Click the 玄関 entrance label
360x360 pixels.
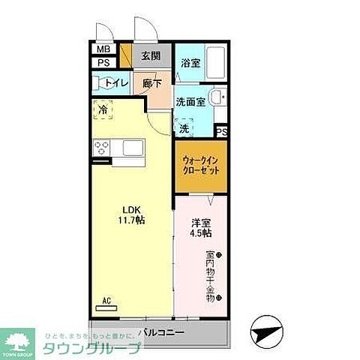coord(150,55)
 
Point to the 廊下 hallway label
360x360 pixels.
coord(152,83)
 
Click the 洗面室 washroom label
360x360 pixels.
coord(190,102)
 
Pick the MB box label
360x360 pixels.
coord(102,51)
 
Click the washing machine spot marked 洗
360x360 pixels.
coord(184,127)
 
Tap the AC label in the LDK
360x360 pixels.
coord(106,301)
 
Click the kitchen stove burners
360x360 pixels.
coord(103,146)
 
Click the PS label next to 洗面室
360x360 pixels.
coord(221,132)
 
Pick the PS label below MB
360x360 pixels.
coord(102,63)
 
